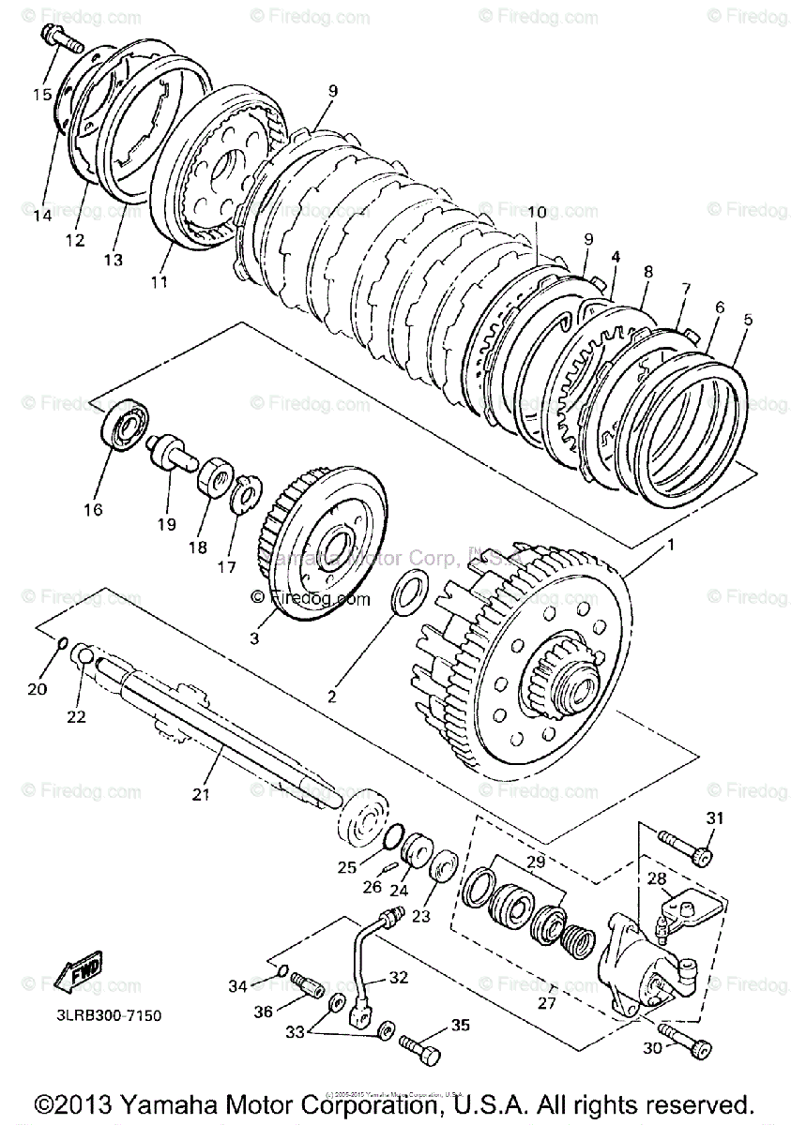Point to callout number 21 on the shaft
click(x=199, y=794)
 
